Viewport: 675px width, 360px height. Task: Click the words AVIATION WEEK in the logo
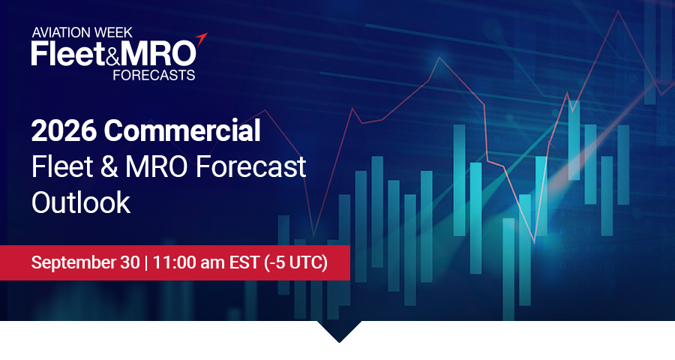tap(82, 32)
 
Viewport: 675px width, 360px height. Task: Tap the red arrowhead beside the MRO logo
tap(202, 38)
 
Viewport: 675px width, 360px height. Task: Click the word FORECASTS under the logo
tap(154, 75)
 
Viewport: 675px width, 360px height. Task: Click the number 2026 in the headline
tap(64, 130)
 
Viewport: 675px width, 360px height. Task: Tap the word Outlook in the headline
tap(81, 202)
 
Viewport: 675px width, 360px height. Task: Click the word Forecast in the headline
tap(250, 166)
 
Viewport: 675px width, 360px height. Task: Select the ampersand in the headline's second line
tap(109, 166)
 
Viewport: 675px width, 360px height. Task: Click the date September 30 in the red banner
tap(85, 262)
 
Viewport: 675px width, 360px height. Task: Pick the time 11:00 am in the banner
tap(188, 262)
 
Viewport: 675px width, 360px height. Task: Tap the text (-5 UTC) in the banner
tap(295, 262)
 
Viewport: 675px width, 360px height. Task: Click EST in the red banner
tap(244, 262)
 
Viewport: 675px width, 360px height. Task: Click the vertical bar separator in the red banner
tap(146, 262)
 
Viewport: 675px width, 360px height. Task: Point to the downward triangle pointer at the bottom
tap(339, 331)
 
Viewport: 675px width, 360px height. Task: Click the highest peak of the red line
tap(619, 11)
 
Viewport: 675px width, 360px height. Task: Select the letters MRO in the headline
tap(157, 166)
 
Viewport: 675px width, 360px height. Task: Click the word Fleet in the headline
tap(62, 166)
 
